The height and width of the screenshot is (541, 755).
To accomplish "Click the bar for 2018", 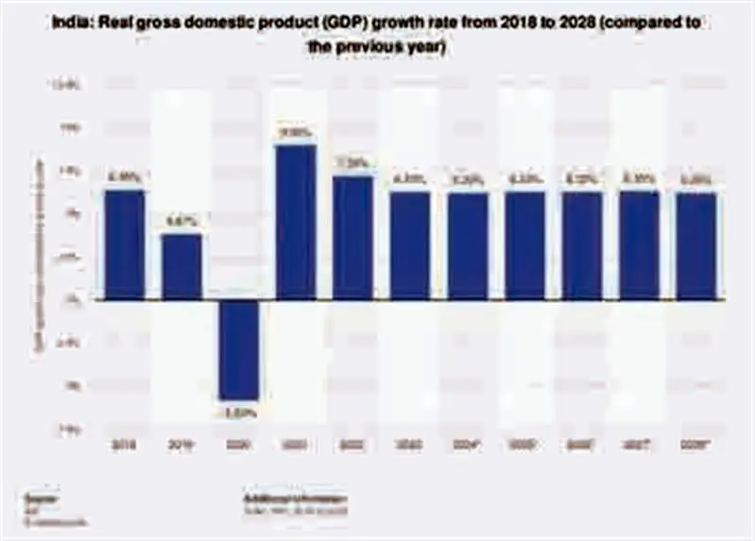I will point(124,245).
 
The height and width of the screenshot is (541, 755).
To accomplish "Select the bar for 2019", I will point(181,266).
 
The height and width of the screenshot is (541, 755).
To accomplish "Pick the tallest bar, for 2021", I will point(296,222).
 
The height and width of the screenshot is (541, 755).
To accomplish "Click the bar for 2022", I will point(353,237).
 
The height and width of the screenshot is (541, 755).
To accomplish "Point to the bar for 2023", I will point(411,245).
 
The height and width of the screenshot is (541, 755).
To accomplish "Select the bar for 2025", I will point(525,245).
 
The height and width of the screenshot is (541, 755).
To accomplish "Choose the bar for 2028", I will point(697,245).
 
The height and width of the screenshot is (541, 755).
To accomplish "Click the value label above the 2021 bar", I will point(296,133).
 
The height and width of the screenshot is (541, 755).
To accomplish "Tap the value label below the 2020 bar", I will point(239,412).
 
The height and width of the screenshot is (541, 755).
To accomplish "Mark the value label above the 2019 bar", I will point(181,222).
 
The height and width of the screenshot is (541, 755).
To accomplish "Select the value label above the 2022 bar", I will point(353,163).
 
